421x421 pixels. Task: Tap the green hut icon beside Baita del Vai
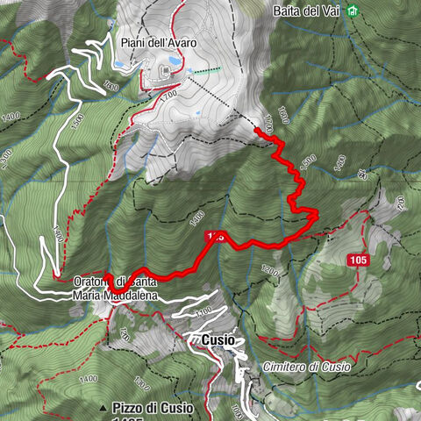click(x=353, y=11)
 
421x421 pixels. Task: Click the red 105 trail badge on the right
click(x=358, y=260)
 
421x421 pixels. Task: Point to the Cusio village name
click(x=218, y=339)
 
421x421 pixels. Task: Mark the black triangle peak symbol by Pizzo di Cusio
click(x=103, y=408)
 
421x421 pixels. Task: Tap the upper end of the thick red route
click(x=257, y=130)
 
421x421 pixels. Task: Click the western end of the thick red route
click(x=107, y=277)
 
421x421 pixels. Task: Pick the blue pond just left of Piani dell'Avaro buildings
click(x=120, y=64)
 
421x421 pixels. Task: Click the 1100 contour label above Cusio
click(x=203, y=312)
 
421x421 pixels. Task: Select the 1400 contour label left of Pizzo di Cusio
click(x=88, y=378)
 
